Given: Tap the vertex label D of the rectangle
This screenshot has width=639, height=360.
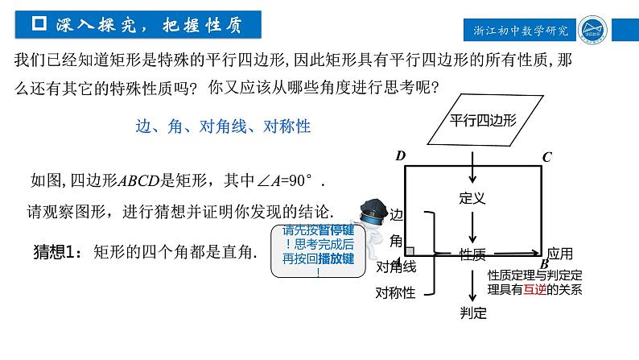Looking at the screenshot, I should (399, 156).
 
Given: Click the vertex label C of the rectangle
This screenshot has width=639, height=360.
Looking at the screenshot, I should (546, 156).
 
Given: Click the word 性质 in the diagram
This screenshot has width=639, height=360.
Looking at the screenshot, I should (473, 254).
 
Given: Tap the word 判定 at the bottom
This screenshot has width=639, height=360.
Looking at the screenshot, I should (473, 313).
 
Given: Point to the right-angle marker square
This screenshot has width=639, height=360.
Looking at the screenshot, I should (410, 251).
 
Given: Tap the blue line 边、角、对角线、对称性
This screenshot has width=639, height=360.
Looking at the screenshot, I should (223, 126).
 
